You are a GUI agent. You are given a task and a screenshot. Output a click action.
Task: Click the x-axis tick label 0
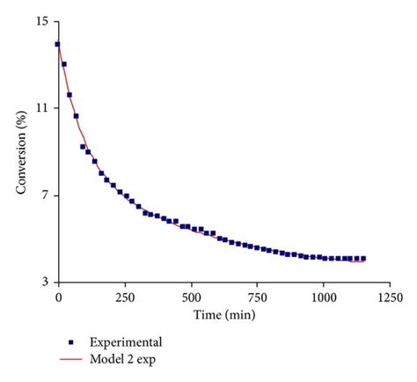pyautogui.click(x=58, y=298)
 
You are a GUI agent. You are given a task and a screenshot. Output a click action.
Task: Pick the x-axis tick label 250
pyautogui.click(x=124, y=298)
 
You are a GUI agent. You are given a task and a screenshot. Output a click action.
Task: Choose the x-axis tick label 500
pyautogui.click(x=191, y=298)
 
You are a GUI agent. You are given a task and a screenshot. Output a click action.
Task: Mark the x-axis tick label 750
pyautogui.click(x=257, y=298)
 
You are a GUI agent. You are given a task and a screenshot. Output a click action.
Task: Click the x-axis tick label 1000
pyautogui.click(x=323, y=298)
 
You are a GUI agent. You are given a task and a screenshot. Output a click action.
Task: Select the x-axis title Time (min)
pyautogui.click(x=223, y=314)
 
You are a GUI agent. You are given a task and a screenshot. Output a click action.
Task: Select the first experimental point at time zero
pyautogui.click(x=58, y=44)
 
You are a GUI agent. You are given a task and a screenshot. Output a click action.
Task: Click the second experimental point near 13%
pyautogui.click(x=64, y=64)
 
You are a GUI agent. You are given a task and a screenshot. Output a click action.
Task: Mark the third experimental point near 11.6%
pyautogui.click(x=69, y=94)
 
